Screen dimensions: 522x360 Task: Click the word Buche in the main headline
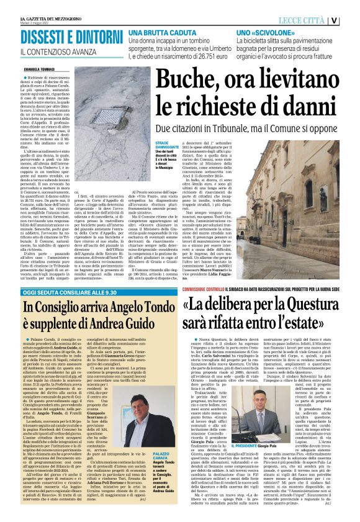coord(185,81)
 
